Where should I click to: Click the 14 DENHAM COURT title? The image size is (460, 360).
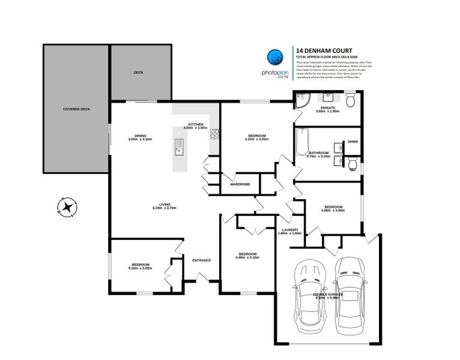pyautogui.click(x=324, y=51)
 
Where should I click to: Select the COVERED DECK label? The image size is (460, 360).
pyautogui.click(x=76, y=109)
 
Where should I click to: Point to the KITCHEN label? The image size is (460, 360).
pyautogui.click(x=195, y=124)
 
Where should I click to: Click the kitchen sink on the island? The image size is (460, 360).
pyautogui.click(x=179, y=146)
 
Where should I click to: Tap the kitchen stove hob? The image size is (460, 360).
pyautogui.click(x=214, y=137)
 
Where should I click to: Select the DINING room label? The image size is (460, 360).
pyautogui.click(x=141, y=136)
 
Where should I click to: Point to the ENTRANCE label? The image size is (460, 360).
pyautogui.click(x=201, y=260)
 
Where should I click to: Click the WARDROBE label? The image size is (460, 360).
pyautogui.click(x=240, y=184)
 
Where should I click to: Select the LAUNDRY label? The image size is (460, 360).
pyautogui.click(x=291, y=230)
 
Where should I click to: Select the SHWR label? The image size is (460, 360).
pyautogui.click(x=353, y=142)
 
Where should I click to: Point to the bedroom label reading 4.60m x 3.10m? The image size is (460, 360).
pyautogui.click(x=247, y=256)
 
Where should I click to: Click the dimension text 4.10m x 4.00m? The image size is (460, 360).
pyautogui.click(x=256, y=139)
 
